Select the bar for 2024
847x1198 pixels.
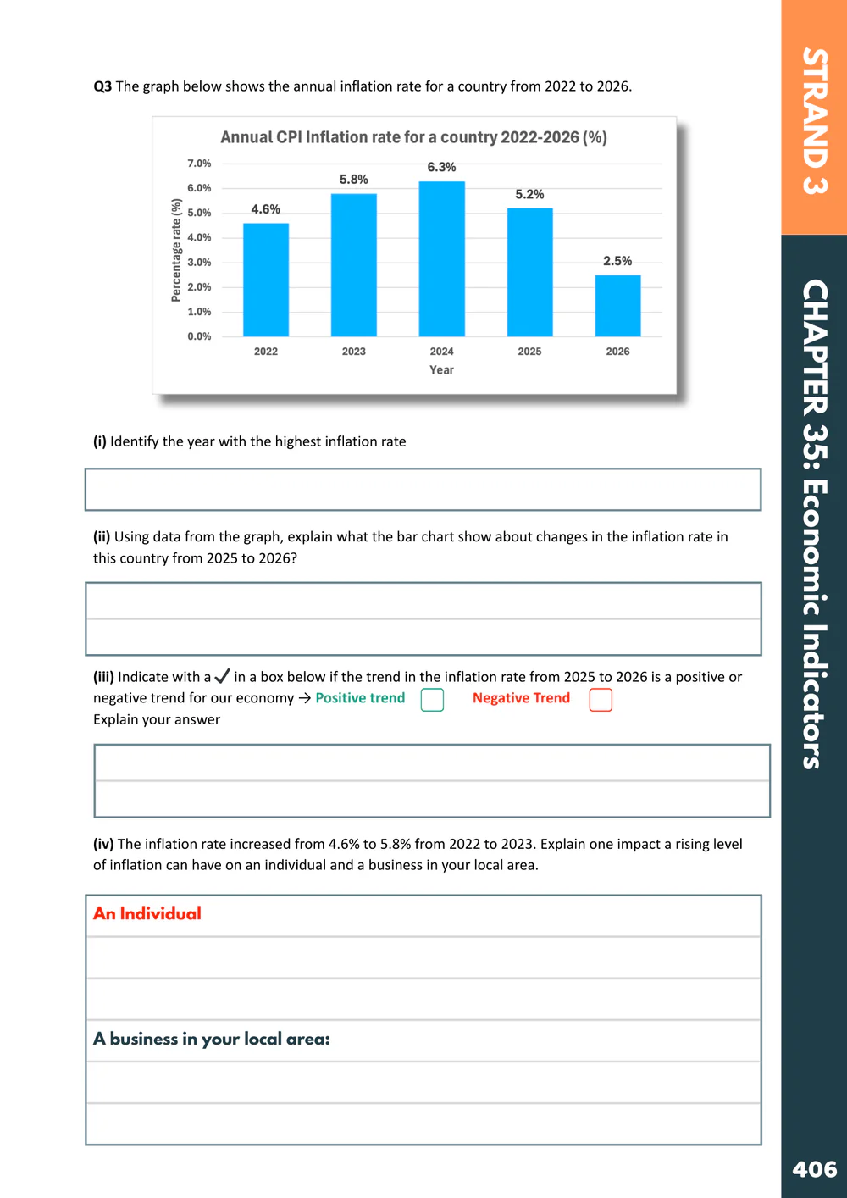tap(441, 258)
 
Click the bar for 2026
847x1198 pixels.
tap(617, 305)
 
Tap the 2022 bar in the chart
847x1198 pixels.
tap(266, 280)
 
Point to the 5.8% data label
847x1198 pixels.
tap(353, 180)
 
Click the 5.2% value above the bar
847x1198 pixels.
tap(529, 194)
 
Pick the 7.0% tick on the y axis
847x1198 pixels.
tap(199, 164)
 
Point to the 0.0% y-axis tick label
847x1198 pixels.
tap(199, 336)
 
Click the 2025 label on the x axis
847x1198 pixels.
tap(529, 352)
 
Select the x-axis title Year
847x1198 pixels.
tap(441, 370)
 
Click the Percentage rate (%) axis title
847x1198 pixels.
tap(176, 250)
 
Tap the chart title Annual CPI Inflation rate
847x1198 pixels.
tap(413, 137)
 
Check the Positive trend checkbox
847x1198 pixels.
tap(432, 700)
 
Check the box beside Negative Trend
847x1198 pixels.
tap(601, 700)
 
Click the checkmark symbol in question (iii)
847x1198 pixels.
tap(222, 676)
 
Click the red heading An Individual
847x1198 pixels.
tap(147, 913)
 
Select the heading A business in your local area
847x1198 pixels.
tap(212, 1039)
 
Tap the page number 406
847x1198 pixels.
tap(814, 1169)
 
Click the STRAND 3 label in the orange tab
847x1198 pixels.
tap(814, 121)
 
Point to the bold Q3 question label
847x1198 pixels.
tap(102, 86)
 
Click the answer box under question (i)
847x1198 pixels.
tap(423, 490)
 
